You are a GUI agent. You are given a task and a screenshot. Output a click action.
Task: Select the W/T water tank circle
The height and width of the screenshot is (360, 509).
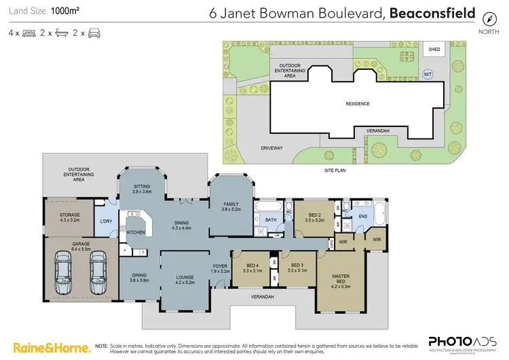click(x=427, y=73)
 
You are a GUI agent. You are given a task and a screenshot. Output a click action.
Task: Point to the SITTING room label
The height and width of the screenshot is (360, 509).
click(x=141, y=188)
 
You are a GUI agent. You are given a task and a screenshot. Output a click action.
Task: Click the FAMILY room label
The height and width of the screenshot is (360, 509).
click(x=231, y=206)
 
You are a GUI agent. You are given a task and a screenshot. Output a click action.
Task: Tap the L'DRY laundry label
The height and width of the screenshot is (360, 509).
click(x=105, y=221)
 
